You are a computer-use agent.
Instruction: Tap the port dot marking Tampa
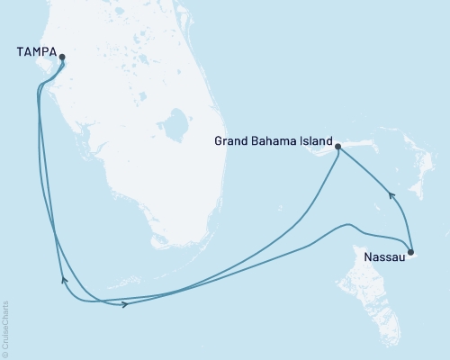62,57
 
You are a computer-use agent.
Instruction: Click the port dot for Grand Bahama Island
337,146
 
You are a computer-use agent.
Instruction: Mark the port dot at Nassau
411,253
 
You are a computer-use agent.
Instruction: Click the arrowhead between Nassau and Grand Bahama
389,193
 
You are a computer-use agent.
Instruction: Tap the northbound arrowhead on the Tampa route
62,280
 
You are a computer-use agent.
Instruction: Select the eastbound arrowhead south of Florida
123,305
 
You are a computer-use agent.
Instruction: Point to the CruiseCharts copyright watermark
5,326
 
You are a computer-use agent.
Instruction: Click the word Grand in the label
231,141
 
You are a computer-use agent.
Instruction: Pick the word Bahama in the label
274,141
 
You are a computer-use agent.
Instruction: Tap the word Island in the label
314,141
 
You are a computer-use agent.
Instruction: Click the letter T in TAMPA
20,53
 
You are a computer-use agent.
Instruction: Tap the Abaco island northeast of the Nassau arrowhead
417,184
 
